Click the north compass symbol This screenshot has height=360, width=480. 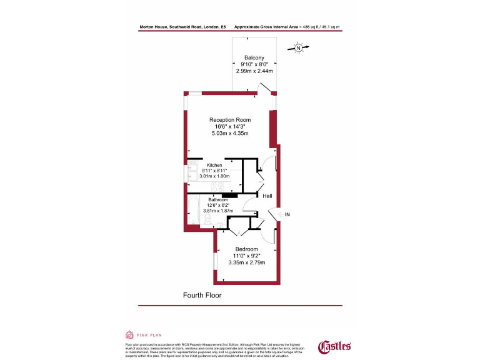tap(299, 47)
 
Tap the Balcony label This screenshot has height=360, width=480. tap(254, 57)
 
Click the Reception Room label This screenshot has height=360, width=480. tap(230, 120)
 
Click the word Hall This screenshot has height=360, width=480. tap(267, 196)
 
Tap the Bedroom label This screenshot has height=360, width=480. tap(247, 249)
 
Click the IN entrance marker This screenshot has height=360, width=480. tap(287, 215)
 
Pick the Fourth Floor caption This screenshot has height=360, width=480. tap(202, 294)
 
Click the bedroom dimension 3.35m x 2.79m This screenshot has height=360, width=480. tap(246, 262)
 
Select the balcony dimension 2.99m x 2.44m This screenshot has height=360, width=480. tap(254, 71)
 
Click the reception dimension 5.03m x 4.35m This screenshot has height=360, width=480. tap(229, 134)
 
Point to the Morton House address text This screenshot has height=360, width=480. tap(183, 27)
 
